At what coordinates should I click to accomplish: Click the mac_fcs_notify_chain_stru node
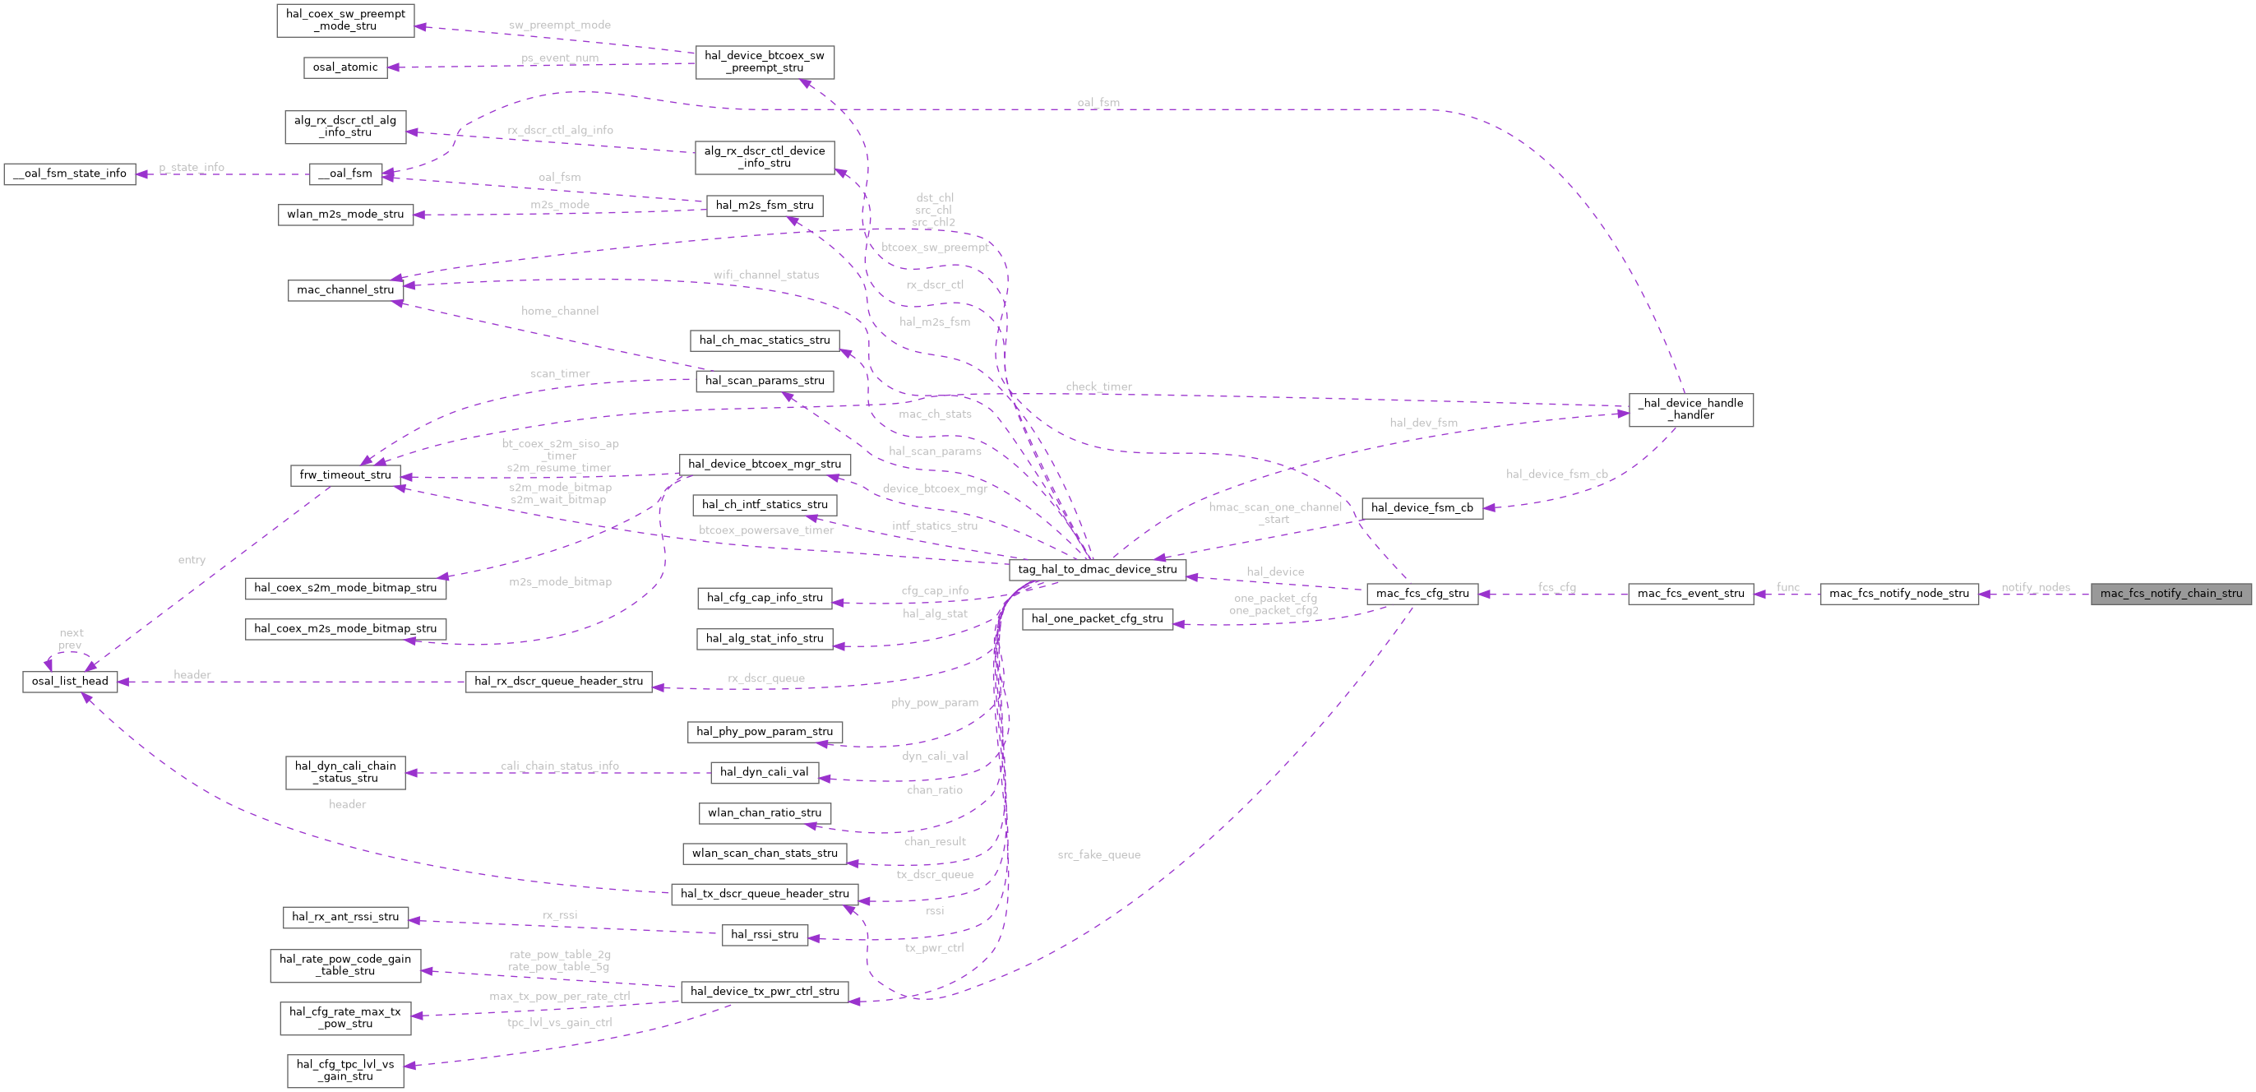coord(2170,594)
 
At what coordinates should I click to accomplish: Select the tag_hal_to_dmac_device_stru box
coord(1098,569)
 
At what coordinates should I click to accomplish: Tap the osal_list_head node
coord(70,682)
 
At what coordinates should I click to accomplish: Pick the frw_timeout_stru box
coord(345,474)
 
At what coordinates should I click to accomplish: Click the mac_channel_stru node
coord(345,290)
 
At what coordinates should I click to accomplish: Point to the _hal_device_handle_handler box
coord(1690,409)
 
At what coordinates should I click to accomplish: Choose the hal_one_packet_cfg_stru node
coord(1097,619)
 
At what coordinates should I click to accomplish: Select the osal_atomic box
coord(345,67)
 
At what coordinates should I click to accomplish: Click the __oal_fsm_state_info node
coord(70,174)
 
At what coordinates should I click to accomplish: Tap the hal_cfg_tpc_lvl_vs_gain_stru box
coord(345,1070)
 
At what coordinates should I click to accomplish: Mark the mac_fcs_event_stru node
coord(1690,594)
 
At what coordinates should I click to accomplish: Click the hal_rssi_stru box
coord(764,934)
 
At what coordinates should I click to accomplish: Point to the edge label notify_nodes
coord(2036,588)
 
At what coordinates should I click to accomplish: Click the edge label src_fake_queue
coord(1098,854)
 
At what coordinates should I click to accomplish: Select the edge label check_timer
coord(1098,386)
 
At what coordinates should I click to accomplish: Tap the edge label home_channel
coord(560,311)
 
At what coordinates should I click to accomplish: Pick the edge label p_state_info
coord(191,167)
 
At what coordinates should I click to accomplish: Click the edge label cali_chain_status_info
coord(560,766)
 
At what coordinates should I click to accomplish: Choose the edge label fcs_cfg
coord(1556,588)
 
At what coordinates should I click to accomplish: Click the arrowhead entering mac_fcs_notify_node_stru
coord(1985,594)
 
